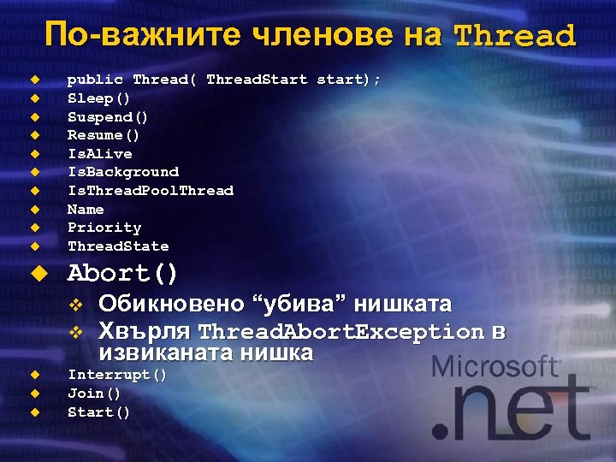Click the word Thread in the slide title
pos(514,36)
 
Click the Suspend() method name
pos(108,116)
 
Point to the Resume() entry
pos(104,135)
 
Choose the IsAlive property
pos(100,154)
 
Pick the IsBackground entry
pos(123,172)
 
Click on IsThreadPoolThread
pos(151,191)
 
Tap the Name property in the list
pos(86,210)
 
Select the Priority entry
pos(104,228)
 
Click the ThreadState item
pos(118,246)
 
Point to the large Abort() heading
pos(122,274)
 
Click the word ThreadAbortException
pos(341,331)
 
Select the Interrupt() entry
pos(117,375)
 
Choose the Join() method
pos(94,394)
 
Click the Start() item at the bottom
pos(99,412)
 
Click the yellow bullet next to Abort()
pos(37,275)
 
